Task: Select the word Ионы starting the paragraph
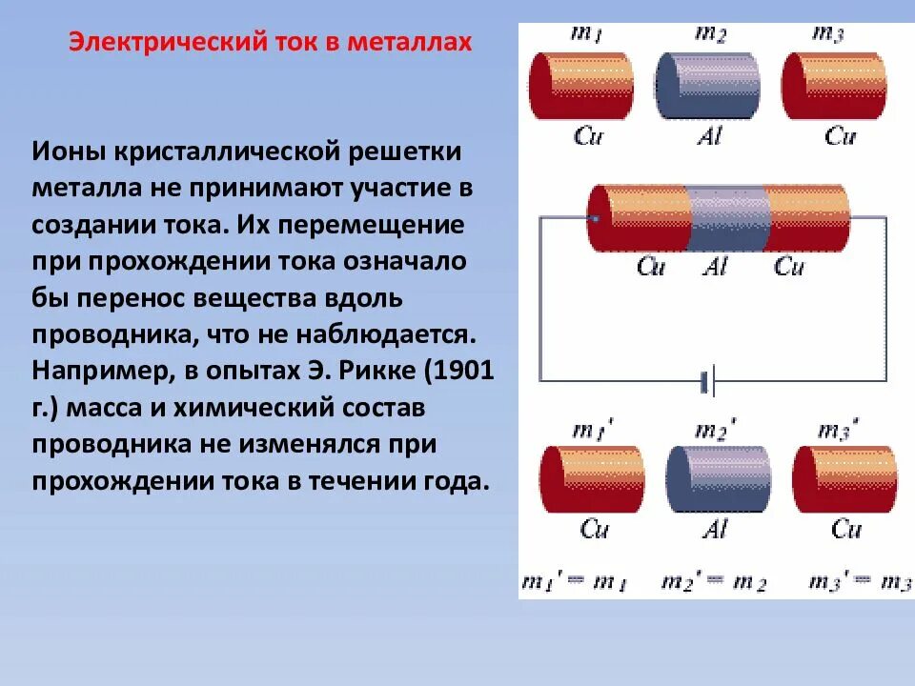[66, 151]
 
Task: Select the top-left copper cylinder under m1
[581, 85]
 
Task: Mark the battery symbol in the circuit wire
[707, 382]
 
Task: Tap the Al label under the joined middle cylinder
[715, 267]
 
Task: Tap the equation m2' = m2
[715, 582]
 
